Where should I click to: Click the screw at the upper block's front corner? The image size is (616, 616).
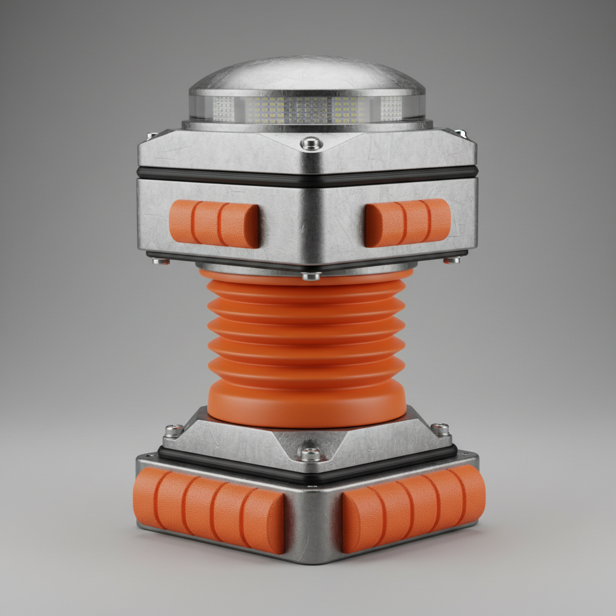coord(311,143)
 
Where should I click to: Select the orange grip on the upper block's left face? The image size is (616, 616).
coord(215,224)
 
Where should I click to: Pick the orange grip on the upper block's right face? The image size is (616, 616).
coord(407,222)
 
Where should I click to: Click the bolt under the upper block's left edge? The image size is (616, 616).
coord(161,260)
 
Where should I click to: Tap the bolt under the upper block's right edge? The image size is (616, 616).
coord(452,260)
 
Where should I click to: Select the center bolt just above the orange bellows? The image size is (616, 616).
coord(311,276)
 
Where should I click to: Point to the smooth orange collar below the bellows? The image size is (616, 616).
coord(307,406)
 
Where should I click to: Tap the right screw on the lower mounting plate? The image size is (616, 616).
coord(440,430)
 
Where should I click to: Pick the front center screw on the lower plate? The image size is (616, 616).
coord(310,453)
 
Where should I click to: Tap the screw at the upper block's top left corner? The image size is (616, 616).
coord(152,135)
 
